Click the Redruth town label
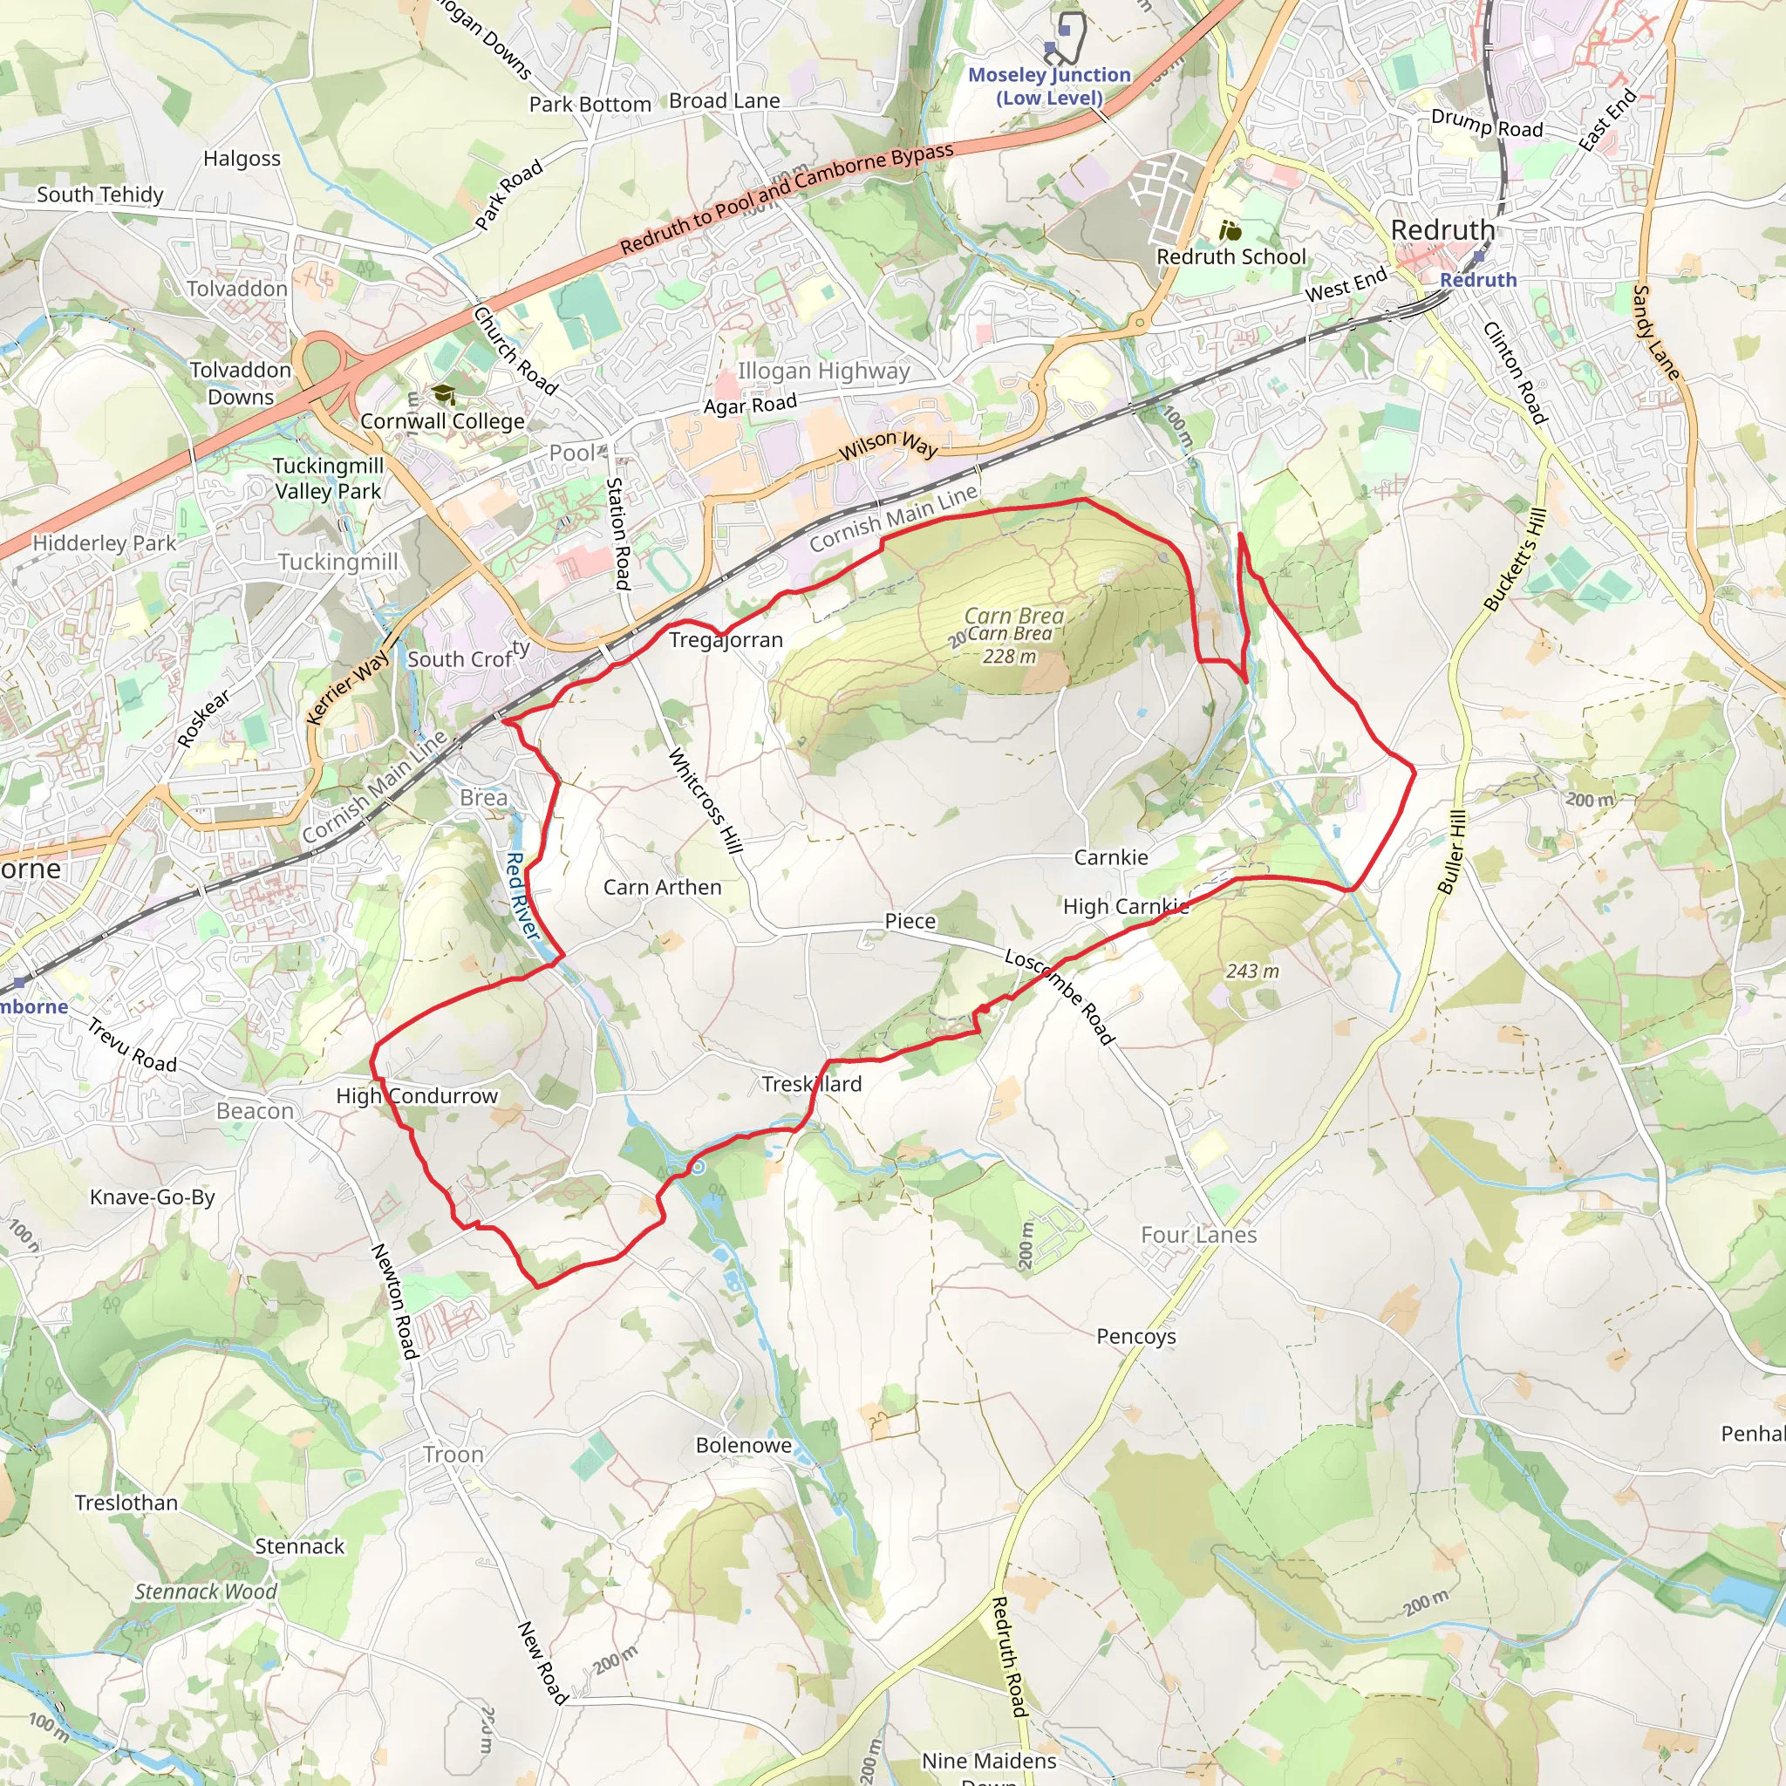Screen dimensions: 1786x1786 (1442, 230)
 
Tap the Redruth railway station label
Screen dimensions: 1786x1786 (1478, 279)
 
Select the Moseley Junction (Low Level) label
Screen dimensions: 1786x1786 (1049, 86)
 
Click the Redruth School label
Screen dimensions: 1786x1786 (1231, 256)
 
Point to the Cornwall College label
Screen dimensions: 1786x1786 (442, 421)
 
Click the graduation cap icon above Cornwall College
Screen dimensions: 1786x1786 (445, 395)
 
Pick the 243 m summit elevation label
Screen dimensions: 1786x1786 (1252, 971)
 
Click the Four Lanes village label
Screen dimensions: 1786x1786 (1198, 1235)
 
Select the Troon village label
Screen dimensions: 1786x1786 (453, 1454)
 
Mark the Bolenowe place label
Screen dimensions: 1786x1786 (743, 1445)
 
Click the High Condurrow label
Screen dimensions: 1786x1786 (417, 1095)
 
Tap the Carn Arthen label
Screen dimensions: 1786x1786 (662, 888)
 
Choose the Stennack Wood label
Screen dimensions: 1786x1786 (205, 1591)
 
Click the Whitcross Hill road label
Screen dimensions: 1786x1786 (705, 801)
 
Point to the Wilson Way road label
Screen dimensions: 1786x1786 (889, 446)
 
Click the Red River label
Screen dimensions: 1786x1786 (522, 896)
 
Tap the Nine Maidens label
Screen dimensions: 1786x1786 (989, 1760)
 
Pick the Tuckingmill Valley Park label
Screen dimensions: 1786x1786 (327, 478)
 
